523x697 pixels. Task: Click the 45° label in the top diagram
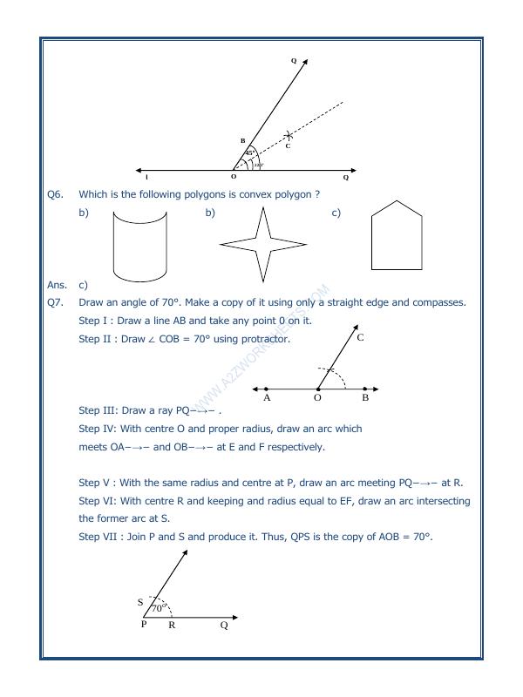click(249, 153)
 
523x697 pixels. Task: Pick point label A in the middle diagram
click(266, 398)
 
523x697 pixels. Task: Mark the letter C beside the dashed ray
click(288, 145)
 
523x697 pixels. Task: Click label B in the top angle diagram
click(242, 140)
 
